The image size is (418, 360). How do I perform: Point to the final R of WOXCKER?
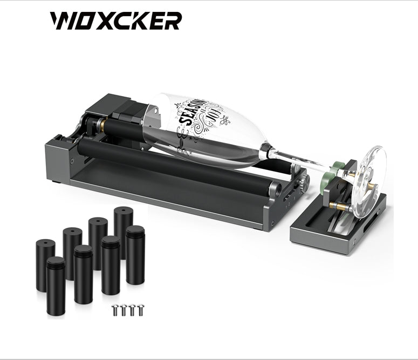pyautogui.click(x=172, y=21)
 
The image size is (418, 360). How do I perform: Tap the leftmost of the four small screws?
pyautogui.click(x=114, y=310)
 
